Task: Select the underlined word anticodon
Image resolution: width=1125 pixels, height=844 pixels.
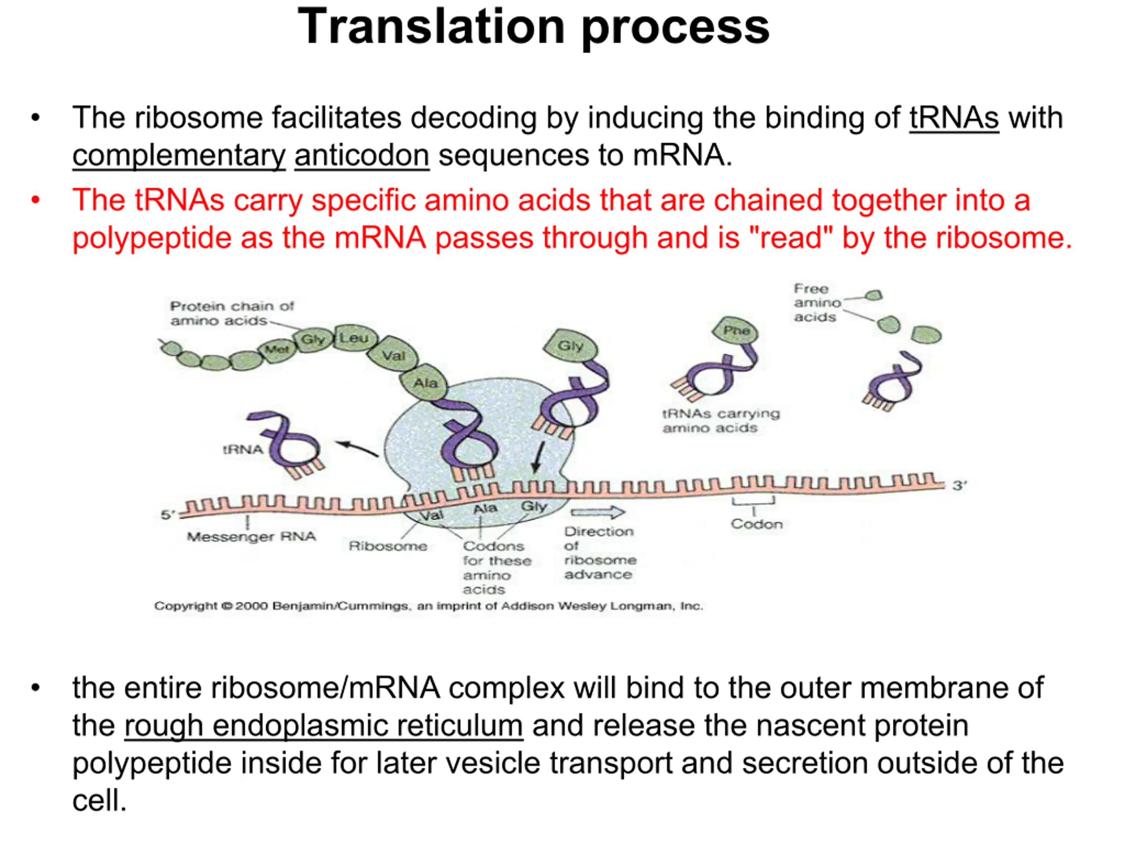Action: pyautogui.click(x=362, y=155)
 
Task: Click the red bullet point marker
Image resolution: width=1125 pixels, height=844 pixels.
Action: pyautogui.click(x=35, y=200)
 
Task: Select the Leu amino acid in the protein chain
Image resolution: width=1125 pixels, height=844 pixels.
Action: pyautogui.click(x=355, y=338)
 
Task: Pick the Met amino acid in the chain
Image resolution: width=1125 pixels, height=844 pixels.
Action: pyautogui.click(x=277, y=349)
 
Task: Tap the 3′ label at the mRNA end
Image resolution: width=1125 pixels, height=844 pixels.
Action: pyautogui.click(x=959, y=485)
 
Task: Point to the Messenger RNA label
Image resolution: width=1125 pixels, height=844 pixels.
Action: pyautogui.click(x=251, y=537)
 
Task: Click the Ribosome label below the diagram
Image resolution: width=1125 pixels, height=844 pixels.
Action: pyautogui.click(x=388, y=546)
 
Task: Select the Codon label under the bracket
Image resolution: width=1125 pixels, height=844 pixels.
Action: pyautogui.click(x=757, y=524)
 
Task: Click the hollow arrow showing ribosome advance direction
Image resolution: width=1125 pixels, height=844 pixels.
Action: pyautogui.click(x=598, y=512)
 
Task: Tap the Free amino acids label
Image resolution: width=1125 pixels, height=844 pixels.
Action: pyautogui.click(x=817, y=303)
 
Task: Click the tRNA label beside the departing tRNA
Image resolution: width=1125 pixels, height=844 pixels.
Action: pyautogui.click(x=243, y=450)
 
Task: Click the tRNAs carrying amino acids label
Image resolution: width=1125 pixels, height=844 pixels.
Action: pyautogui.click(x=721, y=421)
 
